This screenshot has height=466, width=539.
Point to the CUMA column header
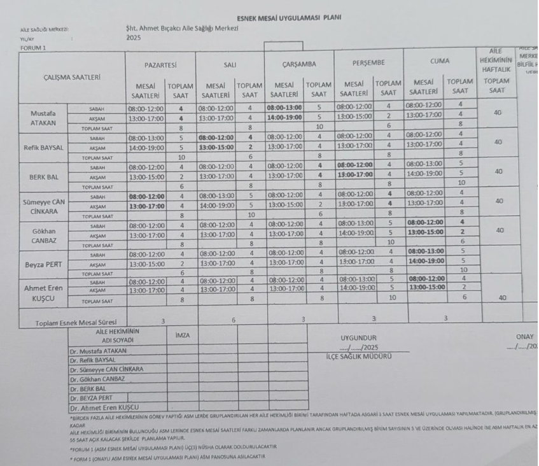point(440,61)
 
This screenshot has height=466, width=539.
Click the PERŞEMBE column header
point(370,62)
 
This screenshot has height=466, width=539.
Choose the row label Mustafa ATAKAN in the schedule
point(43,118)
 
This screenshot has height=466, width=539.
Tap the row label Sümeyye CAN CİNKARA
point(43,206)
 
